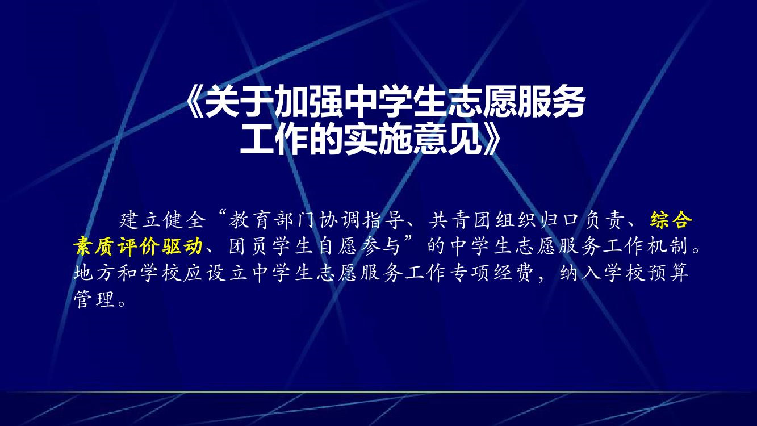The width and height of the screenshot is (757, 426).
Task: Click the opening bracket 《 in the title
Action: [x=195, y=103]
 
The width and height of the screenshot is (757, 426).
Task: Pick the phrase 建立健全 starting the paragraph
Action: [x=162, y=220]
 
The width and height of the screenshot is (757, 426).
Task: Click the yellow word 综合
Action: [x=671, y=220]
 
